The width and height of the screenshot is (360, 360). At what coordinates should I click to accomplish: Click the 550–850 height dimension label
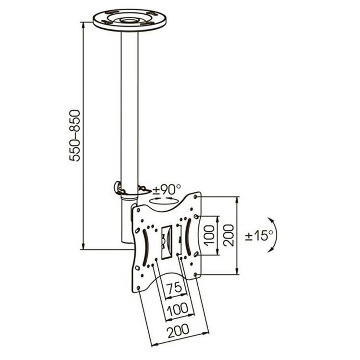[75, 136]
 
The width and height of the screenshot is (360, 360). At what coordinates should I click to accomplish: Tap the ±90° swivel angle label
[167, 189]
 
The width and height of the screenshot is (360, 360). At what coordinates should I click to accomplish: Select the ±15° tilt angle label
[259, 235]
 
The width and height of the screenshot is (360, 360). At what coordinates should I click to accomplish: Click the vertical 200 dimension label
[228, 236]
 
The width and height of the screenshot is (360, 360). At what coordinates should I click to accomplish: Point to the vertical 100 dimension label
[209, 236]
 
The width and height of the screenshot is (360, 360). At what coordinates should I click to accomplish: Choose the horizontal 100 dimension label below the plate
[177, 309]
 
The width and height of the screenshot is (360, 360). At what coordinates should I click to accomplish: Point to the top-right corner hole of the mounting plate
[195, 197]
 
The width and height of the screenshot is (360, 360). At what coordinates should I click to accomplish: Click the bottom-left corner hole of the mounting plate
[138, 288]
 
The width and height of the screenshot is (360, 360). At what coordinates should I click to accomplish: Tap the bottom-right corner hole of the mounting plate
[195, 275]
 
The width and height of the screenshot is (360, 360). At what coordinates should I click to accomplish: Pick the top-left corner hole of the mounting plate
[138, 210]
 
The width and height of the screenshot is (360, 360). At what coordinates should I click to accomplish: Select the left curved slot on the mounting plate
[145, 249]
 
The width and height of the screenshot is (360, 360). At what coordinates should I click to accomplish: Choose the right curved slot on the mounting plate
[189, 237]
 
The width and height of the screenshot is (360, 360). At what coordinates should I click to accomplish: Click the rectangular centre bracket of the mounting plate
[167, 242]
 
